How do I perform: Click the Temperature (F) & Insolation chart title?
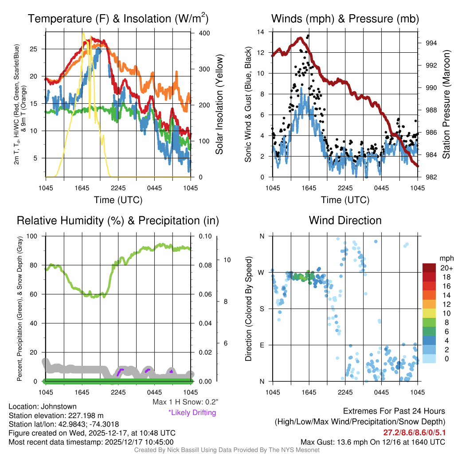118,19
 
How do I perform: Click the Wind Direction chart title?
345,220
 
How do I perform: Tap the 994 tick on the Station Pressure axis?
431,43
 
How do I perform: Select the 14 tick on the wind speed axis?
261,32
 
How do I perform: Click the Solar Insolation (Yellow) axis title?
219,105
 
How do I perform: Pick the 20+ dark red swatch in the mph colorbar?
430,268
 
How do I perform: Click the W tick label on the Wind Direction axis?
261,272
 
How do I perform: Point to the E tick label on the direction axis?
261,345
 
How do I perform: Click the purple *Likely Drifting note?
192,412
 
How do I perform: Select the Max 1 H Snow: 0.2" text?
185,402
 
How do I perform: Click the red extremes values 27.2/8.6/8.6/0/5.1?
414,431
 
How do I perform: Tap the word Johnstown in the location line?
62,406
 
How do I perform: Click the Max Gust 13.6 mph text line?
372,442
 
